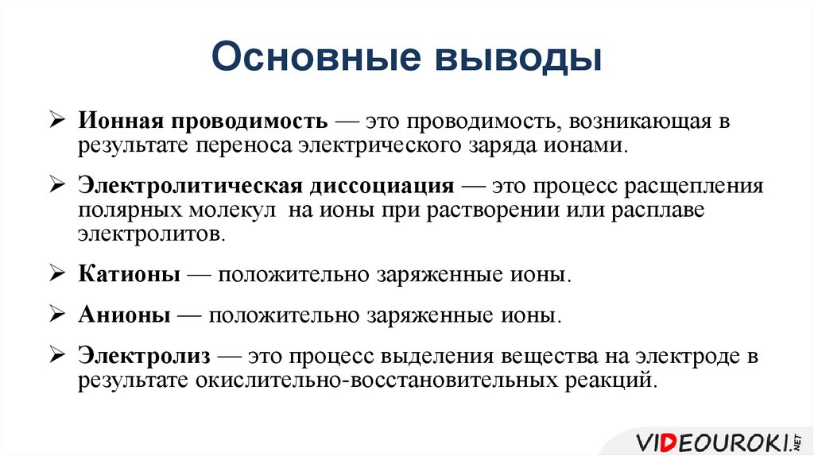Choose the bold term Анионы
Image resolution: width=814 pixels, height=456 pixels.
pos(124,315)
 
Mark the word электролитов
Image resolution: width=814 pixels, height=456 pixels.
pos(151,235)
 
